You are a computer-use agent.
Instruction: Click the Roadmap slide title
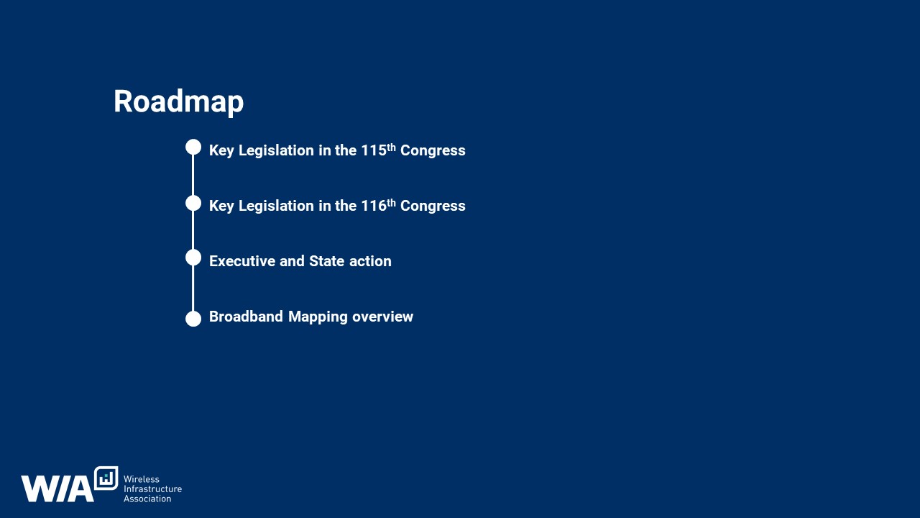click(x=179, y=102)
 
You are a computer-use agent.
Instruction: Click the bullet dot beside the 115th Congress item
click(x=193, y=147)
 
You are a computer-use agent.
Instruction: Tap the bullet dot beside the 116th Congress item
click(x=193, y=203)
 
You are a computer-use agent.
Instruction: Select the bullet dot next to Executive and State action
click(x=193, y=258)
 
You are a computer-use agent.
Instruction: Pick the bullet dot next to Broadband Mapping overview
click(x=193, y=319)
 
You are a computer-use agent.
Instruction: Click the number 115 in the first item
click(x=374, y=150)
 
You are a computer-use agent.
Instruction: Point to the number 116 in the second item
click(x=374, y=206)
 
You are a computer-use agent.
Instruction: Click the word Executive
click(x=242, y=261)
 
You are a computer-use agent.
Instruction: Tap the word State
click(x=326, y=261)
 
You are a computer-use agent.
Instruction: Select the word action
click(x=370, y=261)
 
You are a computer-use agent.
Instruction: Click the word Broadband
click(x=246, y=317)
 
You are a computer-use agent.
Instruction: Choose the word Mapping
click(x=318, y=317)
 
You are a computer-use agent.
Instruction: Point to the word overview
click(x=382, y=317)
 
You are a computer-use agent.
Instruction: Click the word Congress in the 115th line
click(x=433, y=151)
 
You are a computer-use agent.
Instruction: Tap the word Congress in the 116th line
click(x=433, y=206)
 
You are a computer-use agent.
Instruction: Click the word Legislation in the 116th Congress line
click(x=276, y=206)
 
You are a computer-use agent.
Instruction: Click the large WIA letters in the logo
click(x=57, y=489)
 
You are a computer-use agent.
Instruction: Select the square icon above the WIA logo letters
click(x=106, y=478)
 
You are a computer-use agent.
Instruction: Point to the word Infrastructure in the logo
click(x=152, y=489)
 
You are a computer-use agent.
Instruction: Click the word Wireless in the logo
click(x=142, y=479)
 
